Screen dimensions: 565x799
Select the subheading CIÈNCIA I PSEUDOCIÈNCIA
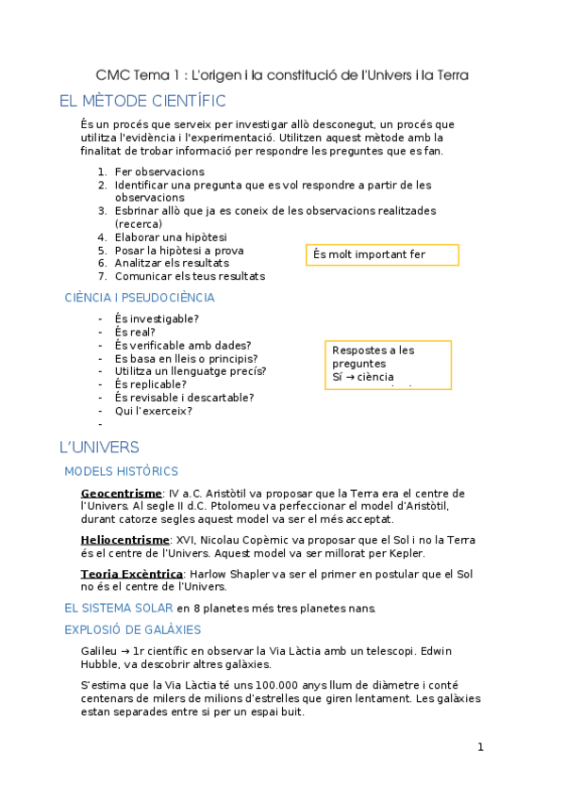[140, 298]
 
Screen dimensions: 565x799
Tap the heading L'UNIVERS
[99, 447]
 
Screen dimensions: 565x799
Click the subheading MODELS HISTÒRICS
[121, 471]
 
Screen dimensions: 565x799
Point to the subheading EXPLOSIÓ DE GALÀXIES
[132, 629]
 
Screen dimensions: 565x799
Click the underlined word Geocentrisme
[121, 493]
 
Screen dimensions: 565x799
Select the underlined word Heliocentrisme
[125, 540]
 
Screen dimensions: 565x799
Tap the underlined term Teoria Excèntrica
[131, 573]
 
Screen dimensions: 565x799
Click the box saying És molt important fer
[382, 254]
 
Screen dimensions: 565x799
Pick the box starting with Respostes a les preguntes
[388, 364]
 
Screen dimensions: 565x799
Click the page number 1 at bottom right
[480, 747]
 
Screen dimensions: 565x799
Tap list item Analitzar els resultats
[172, 264]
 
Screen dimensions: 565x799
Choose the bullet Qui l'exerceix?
[153, 411]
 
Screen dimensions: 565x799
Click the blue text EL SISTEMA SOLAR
[118, 608]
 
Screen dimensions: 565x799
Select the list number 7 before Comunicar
[102, 277]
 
